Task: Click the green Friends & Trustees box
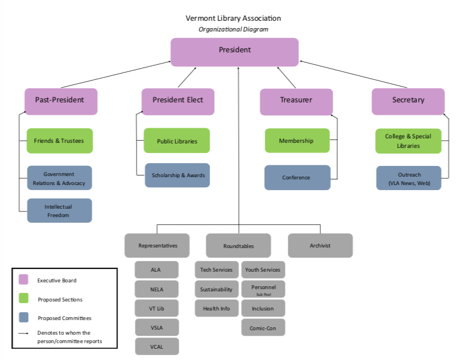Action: pyautogui.click(x=60, y=141)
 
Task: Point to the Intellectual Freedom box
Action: pyautogui.click(x=59, y=210)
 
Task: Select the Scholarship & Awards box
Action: pyautogui.click(x=178, y=175)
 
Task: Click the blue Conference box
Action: pyautogui.click(x=297, y=178)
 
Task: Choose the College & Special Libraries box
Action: pyautogui.click(x=409, y=141)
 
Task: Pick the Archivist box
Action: pyautogui.click(x=320, y=245)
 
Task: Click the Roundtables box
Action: pyautogui.click(x=238, y=246)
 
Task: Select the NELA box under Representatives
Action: pyautogui.click(x=156, y=289)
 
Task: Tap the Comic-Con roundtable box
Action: pyautogui.click(x=263, y=327)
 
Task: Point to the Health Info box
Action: pyautogui.click(x=217, y=308)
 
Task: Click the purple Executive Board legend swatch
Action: pyautogui.click(x=24, y=280)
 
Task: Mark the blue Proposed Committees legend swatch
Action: pyautogui.click(x=24, y=318)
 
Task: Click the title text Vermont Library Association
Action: pyautogui.click(x=233, y=18)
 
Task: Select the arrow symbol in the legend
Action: pyautogui.click(x=24, y=333)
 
